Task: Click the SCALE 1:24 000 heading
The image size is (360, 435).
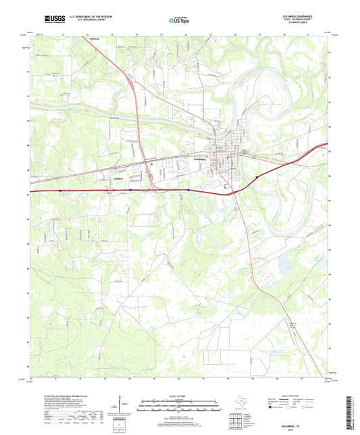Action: (x=179, y=396)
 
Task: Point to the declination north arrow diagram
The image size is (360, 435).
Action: (x=120, y=406)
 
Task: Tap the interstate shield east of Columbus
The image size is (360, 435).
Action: (x=257, y=178)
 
